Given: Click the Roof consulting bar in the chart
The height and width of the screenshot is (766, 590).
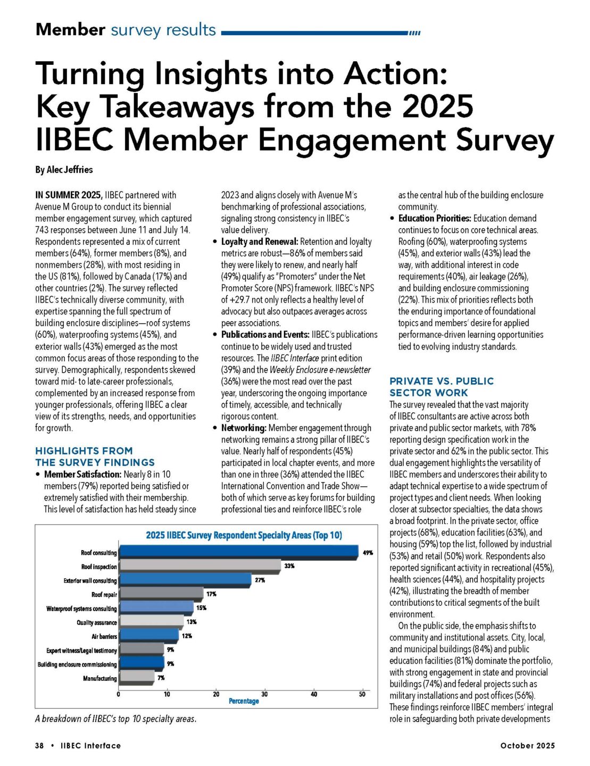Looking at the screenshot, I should pos(238,552).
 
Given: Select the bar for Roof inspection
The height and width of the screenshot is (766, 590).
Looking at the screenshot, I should pos(200,565).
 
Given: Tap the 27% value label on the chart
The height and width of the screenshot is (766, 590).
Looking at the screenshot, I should pos(260,580).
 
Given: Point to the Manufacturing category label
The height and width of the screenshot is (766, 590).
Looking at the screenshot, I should pos(99,678).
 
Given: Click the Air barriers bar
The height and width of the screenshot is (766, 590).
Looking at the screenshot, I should pos(149,635).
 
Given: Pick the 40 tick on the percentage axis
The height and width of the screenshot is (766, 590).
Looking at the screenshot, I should pos(313,694).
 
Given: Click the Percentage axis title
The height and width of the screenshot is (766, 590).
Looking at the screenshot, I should pos(244,701).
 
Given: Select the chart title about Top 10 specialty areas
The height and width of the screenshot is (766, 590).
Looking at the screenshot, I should pos(244,535).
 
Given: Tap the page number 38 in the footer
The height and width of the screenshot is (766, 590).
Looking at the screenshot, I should pos(39,746).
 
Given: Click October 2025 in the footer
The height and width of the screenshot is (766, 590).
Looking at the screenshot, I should pos(527,746).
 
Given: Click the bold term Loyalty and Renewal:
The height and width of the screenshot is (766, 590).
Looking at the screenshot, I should pos(259,242).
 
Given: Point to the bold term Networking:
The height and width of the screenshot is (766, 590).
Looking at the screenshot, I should pos(243,428).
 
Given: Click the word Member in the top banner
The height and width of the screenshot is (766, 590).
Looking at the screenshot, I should pos(70,30).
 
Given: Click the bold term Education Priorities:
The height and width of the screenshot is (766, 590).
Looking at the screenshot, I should pos(434,218).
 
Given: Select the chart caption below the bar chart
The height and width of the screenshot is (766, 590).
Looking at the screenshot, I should pos(115,719).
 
